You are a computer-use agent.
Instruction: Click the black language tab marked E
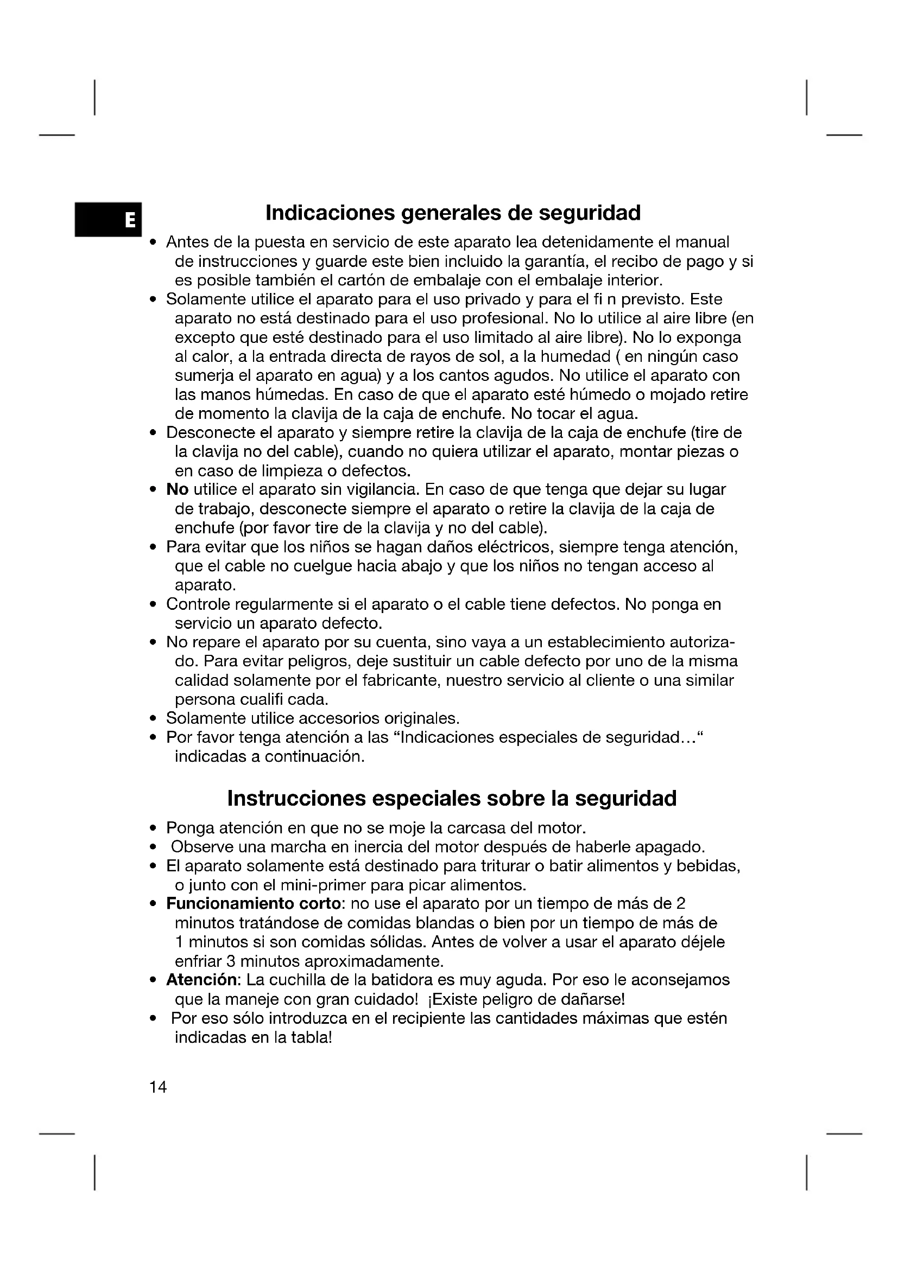109,219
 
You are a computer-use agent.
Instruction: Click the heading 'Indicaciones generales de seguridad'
453,213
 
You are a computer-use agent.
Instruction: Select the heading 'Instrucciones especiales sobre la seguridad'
452,798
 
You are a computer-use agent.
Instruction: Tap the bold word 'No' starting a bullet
178,490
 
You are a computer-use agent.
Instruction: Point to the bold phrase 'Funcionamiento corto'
253,904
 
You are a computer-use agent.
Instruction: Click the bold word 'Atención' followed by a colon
202,980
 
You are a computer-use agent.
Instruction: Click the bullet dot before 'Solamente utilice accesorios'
153,719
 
